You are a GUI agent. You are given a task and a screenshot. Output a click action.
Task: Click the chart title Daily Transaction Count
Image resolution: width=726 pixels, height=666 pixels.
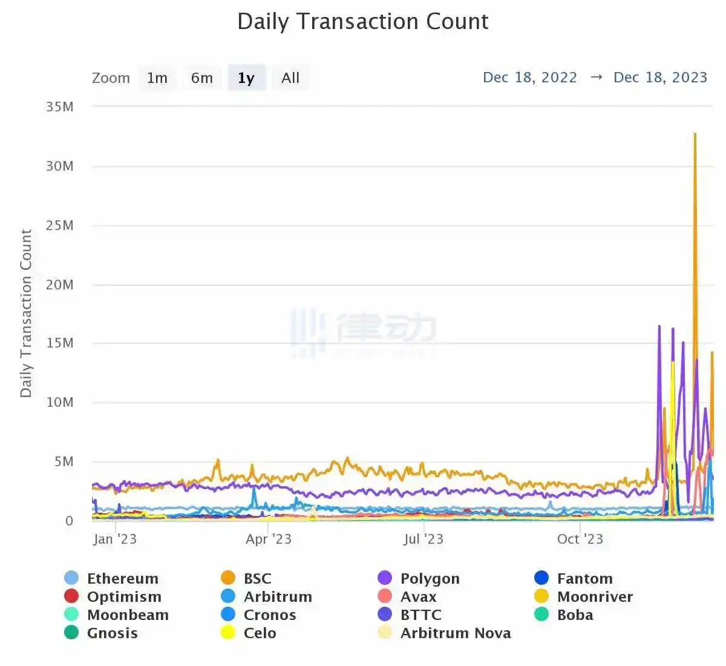(x=363, y=22)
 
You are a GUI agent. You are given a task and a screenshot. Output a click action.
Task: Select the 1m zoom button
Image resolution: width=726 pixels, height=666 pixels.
(x=157, y=78)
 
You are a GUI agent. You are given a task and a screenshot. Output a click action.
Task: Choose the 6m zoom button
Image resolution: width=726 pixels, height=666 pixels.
(x=201, y=78)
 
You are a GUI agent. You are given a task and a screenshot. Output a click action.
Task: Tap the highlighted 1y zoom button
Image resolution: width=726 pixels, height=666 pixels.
(x=246, y=78)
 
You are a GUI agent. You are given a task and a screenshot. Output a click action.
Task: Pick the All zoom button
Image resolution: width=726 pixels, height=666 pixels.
(x=290, y=78)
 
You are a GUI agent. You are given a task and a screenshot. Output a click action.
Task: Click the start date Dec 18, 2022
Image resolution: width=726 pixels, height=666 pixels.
(x=530, y=77)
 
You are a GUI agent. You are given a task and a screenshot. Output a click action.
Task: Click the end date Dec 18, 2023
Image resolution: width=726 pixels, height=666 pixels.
(x=660, y=77)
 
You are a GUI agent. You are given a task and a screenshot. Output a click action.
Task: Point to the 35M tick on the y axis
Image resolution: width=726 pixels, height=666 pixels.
(x=59, y=107)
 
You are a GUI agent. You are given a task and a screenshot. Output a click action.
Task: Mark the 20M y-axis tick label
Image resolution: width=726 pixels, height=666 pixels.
(x=59, y=285)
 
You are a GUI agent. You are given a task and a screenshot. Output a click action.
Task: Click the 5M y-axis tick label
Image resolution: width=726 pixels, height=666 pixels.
(x=64, y=462)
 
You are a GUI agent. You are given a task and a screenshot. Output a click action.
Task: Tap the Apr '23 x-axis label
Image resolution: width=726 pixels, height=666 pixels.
(x=268, y=539)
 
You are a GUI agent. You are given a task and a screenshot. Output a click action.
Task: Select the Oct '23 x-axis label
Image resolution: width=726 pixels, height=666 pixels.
(x=580, y=539)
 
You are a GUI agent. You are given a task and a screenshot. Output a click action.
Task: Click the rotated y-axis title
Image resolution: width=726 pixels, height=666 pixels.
(x=25, y=313)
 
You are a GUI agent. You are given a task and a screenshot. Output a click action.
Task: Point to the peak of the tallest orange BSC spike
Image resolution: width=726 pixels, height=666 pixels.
(x=695, y=134)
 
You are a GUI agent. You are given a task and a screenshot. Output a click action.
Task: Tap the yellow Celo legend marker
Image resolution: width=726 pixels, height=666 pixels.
(x=228, y=633)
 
